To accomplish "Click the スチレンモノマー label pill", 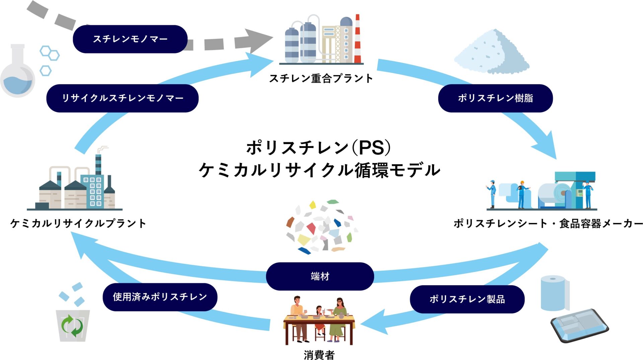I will point(130,39).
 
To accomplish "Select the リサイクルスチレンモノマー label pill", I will point(122,98).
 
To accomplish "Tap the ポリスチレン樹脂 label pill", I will point(495,98).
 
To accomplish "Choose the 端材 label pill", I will point(320,276).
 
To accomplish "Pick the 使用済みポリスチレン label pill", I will point(160,297).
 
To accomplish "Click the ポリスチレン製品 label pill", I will point(467,299).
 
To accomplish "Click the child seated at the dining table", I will point(319,318).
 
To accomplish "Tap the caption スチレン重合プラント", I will point(321,78).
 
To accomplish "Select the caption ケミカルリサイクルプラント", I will point(78,223).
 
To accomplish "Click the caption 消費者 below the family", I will point(319,355).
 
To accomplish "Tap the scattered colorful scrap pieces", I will point(321,226).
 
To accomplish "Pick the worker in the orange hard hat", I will point(521,194).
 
